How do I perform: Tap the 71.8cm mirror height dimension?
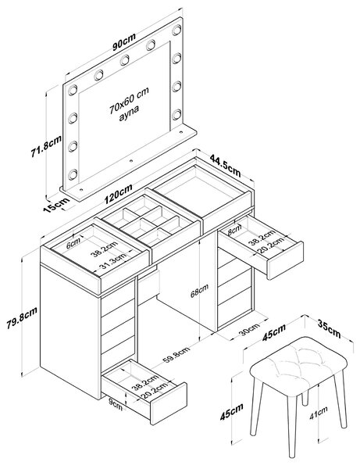(46, 146)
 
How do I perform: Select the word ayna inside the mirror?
(129, 113)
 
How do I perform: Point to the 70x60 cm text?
(129, 100)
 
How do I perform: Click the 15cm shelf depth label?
(57, 205)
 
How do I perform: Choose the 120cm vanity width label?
(119, 194)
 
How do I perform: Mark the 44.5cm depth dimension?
(225, 165)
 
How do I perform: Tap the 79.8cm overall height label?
(22, 317)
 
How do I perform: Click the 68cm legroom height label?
(200, 291)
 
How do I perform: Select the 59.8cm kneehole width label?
(176, 355)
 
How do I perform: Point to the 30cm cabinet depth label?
(249, 329)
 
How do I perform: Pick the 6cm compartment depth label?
(73, 243)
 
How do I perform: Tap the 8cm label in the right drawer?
(234, 230)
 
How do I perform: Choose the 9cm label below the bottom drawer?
(116, 406)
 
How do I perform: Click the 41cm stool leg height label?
(318, 413)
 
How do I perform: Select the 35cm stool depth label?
(329, 328)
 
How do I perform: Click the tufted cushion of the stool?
(298, 361)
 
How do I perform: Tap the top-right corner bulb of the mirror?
(176, 30)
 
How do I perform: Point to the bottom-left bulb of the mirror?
(73, 174)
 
